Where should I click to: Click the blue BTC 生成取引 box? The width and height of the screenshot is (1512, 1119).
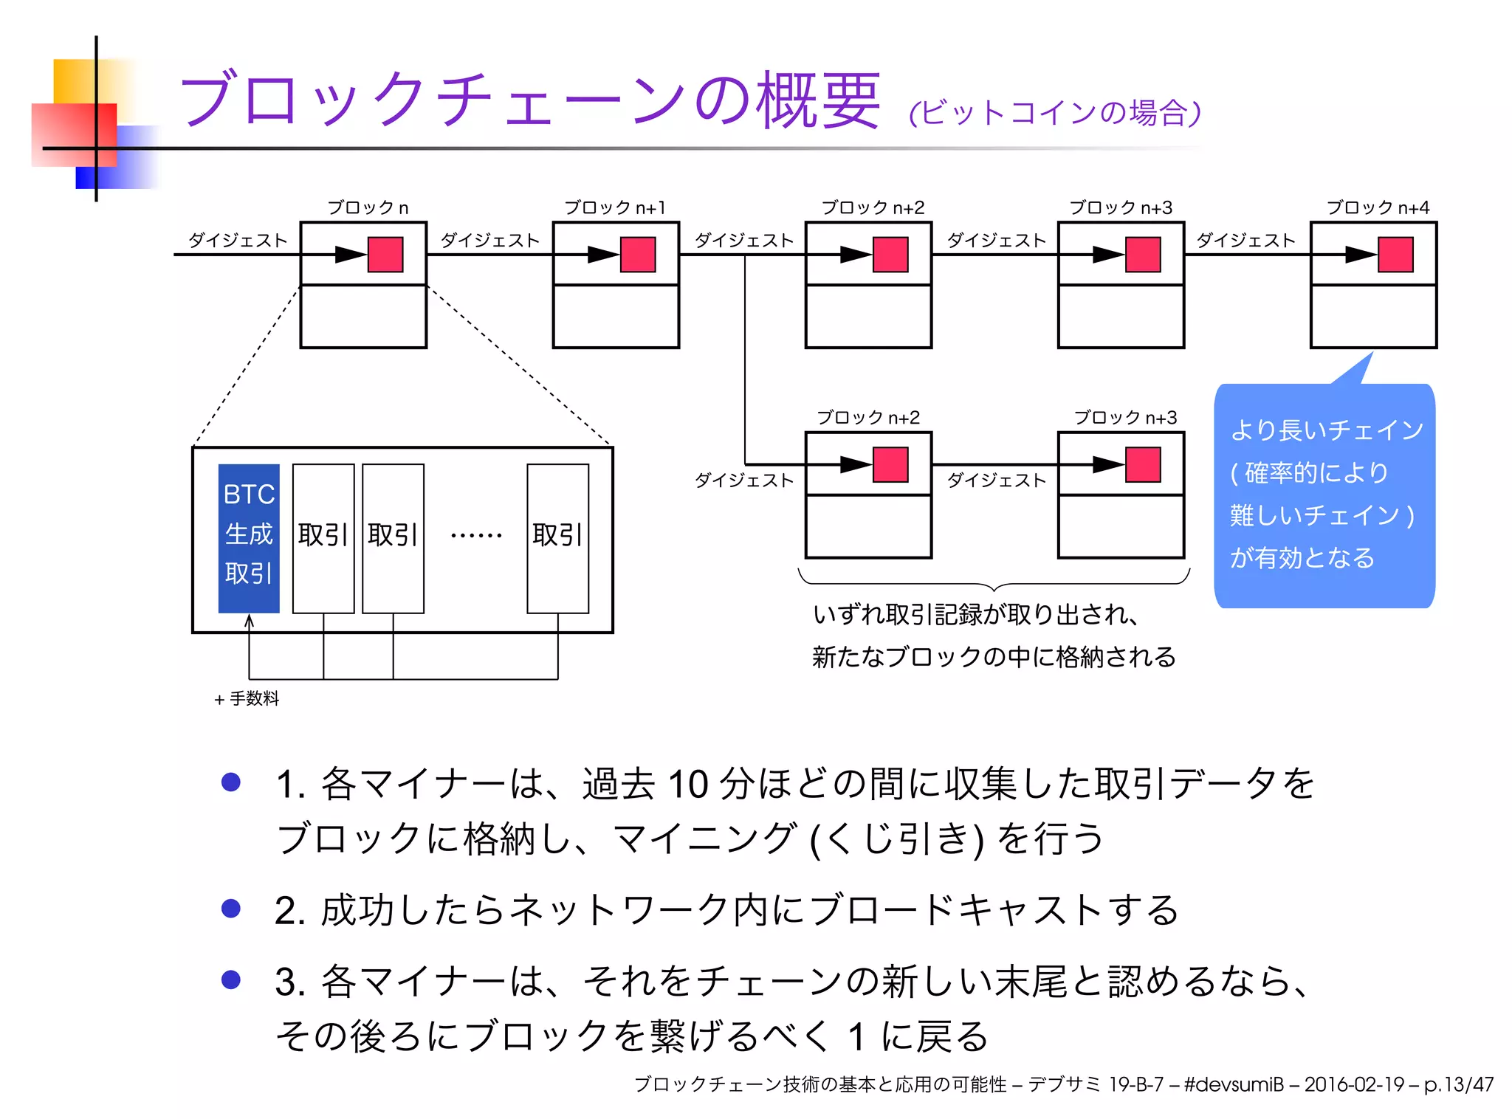pos(249,537)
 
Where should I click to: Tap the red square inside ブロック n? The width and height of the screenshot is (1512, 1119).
pos(385,255)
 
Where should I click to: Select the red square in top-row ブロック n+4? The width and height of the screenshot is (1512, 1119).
pos(1395,255)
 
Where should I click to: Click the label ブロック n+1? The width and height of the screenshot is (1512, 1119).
pos(614,207)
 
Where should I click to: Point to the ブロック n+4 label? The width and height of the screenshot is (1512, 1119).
pos(1377,207)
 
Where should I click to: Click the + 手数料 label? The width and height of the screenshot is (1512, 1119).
pos(247,698)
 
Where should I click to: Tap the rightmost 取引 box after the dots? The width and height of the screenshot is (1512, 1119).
pos(557,537)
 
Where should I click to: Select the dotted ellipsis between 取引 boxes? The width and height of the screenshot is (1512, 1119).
pos(476,535)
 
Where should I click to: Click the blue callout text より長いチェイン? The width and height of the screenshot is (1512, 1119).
pos(1327,430)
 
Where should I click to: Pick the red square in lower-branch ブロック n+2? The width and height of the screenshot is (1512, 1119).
pos(890,464)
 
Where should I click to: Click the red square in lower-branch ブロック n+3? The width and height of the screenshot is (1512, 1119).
pos(1143,464)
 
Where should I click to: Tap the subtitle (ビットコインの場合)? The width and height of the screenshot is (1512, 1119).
pos(1055,113)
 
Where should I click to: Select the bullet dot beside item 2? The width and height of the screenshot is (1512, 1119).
pos(231,908)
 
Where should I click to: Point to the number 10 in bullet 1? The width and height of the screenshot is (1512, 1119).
pos(688,784)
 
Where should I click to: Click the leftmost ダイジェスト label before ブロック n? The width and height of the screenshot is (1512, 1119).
pos(238,240)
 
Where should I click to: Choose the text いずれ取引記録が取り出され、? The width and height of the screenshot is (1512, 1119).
pos(976,614)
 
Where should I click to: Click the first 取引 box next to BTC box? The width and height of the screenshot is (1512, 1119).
pos(323,537)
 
